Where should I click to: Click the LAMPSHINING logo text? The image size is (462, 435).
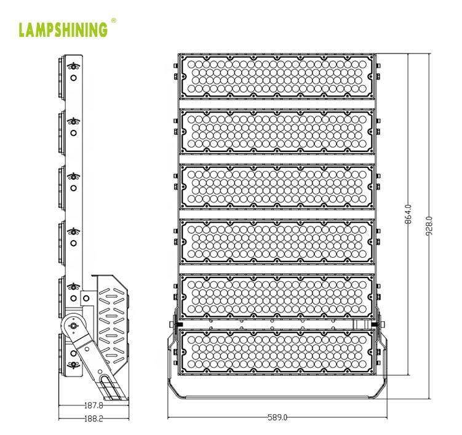[63, 30]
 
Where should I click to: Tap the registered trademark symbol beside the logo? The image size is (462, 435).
[113, 20]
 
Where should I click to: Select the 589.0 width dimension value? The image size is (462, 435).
[277, 417]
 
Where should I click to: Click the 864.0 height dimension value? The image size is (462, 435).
[408, 215]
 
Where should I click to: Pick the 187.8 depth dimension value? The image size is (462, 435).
[94, 406]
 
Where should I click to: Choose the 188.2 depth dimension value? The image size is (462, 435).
[94, 418]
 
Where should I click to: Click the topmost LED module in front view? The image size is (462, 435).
[277, 76]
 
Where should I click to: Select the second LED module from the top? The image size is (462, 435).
[277, 132]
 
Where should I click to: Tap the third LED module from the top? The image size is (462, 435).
[277, 187]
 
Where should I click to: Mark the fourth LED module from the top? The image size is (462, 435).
[277, 242]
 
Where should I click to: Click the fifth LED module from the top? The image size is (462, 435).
[277, 297]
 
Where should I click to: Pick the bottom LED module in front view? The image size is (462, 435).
[277, 352]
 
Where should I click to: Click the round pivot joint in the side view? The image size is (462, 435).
[73, 325]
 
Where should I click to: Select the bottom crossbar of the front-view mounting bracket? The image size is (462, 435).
[277, 397]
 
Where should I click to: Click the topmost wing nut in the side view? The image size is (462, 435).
[73, 66]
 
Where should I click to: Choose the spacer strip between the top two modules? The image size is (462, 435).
[277, 104]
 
